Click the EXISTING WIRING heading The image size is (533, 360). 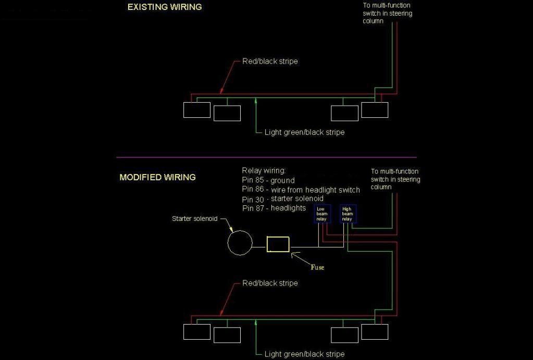click(165, 7)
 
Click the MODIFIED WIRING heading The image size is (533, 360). click(157, 177)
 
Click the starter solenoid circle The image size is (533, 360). click(228, 243)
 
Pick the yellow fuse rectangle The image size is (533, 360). click(267, 244)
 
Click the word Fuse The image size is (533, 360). click(317, 267)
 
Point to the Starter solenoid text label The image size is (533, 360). click(194, 219)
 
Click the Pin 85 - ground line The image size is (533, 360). click(268, 180)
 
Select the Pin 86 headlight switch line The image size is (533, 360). click(301, 190)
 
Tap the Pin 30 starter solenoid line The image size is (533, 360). click(283, 199)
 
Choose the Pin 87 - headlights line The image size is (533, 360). click(274, 208)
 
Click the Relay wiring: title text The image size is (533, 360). click(264, 170)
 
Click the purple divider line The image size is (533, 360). click(266, 157)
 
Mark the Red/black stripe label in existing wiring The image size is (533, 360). click(270, 61)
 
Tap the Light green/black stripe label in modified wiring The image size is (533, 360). click(305, 354)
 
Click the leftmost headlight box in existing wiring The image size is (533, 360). click(197, 102)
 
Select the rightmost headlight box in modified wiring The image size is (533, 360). click(375, 324)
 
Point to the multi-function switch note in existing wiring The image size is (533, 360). click(387, 13)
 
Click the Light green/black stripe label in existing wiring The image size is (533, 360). click(305, 132)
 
